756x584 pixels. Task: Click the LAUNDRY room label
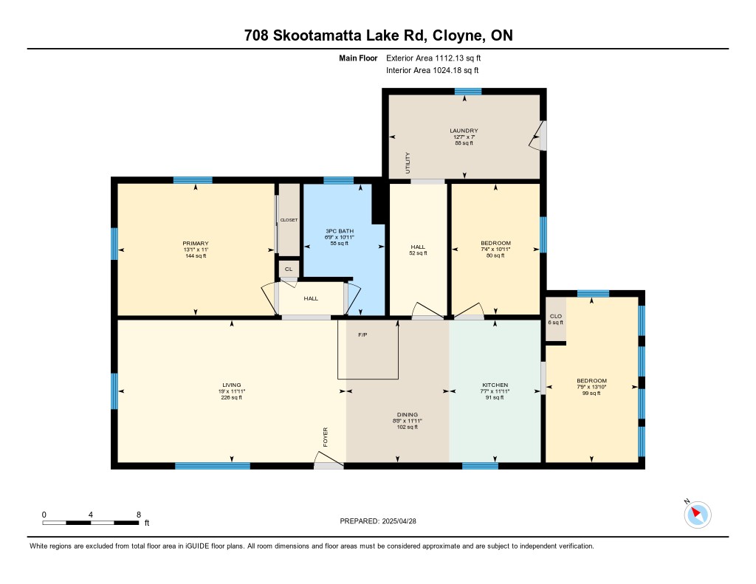click(464, 131)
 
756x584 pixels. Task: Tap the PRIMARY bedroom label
click(195, 244)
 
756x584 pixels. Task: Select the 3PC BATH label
click(340, 231)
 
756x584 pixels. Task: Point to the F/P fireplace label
click(362, 334)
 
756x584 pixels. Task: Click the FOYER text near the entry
click(326, 437)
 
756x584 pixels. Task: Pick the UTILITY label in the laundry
click(408, 163)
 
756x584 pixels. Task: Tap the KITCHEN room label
click(495, 385)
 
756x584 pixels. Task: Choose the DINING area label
click(408, 414)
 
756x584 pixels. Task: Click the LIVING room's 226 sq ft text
click(231, 397)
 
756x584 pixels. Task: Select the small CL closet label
click(289, 269)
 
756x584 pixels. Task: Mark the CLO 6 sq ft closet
click(555, 319)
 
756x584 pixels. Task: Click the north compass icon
click(697, 515)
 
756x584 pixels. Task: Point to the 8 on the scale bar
click(139, 515)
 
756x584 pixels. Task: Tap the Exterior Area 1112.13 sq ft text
click(433, 58)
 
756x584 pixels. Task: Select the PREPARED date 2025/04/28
click(399, 521)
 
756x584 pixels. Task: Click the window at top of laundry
click(467, 91)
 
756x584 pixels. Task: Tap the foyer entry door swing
click(329, 459)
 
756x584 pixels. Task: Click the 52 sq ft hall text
click(418, 253)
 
